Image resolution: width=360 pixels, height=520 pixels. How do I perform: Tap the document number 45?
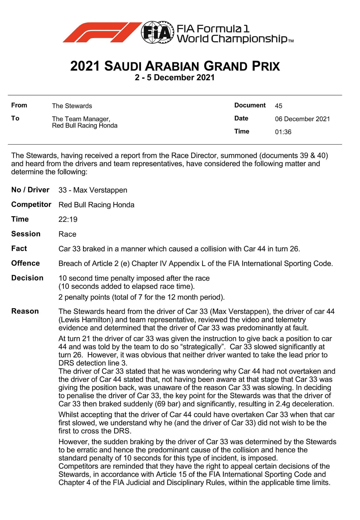tap(278, 106)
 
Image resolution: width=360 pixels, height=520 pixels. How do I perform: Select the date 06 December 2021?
tap(302, 119)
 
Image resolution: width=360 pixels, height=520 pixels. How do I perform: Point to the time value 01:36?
tap(283, 132)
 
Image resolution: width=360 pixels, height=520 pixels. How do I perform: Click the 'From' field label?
tap(19, 105)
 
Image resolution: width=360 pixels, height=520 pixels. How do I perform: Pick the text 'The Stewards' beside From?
tap(72, 106)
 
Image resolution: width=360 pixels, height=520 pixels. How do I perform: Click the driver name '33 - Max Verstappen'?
tap(93, 190)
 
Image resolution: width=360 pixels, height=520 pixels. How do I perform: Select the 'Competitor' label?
tap(31, 204)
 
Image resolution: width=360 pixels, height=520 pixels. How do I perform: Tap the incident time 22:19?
tap(68, 219)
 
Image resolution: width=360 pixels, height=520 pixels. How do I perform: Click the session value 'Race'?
tap(67, 234)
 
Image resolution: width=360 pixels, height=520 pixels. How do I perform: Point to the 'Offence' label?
tap(26, 263)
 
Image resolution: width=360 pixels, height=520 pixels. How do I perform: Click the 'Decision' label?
tap(27, 278)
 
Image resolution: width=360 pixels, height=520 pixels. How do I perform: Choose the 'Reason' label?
tap(25, 311)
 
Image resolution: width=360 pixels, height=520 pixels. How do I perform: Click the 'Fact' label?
tap(19, 249)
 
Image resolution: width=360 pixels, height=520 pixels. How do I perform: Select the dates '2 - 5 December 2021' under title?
tap(174, 78)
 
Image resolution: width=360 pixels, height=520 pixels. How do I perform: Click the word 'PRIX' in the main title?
tap(266, 66)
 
